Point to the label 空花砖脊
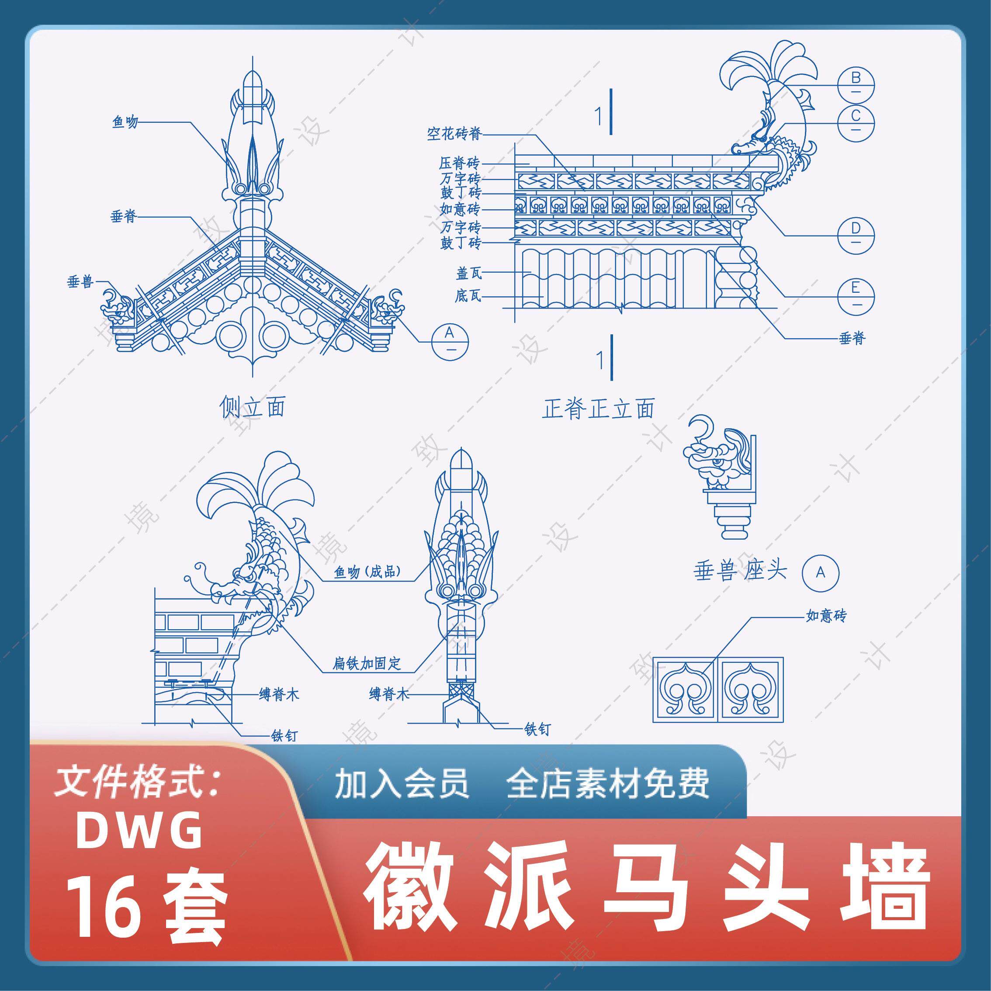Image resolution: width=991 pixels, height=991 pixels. click(x=454, y=135)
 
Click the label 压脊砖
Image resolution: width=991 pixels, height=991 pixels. click(x=459, y=163)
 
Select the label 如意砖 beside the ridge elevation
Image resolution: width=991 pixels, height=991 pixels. click(x=460, y=209)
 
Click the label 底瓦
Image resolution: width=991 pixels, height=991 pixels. click(x=468, y=296)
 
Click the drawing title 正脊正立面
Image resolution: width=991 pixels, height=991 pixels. click(x=598, y=409)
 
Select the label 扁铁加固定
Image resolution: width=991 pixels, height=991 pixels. click(x=367, y=663)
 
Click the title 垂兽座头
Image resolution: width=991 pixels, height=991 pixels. click(x=740, y=571)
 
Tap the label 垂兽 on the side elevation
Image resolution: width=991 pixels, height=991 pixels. click(x=80, y=281)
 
